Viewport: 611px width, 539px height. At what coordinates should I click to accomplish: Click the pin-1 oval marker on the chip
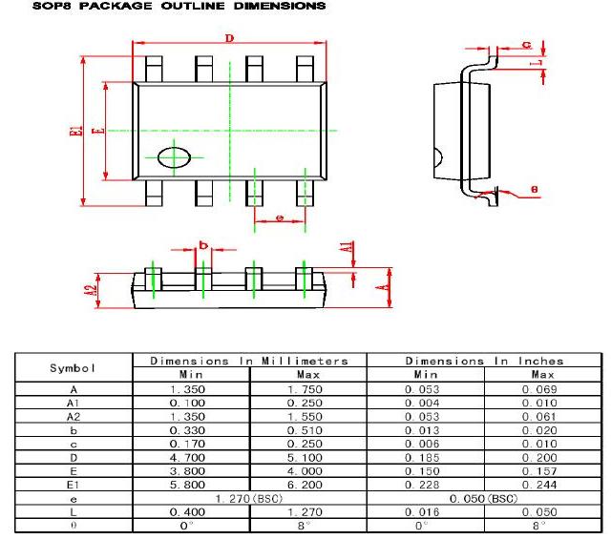pos(174,156)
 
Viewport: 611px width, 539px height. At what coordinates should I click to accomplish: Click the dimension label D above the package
pos(229,38)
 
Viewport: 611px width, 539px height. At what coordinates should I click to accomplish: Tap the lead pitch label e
pos(279,219)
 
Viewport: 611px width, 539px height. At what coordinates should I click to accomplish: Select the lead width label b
pos(202,244)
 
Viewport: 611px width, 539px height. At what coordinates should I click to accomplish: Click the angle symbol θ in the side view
pos(534,188)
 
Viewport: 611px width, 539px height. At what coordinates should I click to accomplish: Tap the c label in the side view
pos(526,45)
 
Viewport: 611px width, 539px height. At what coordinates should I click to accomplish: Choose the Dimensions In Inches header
pos(484,362)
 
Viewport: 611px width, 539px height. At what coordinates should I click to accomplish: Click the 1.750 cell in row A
pos(308,389)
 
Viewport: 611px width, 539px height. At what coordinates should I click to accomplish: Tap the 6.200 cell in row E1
pos(308,485)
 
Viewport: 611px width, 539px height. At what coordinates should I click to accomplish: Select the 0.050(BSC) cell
pos(484,498)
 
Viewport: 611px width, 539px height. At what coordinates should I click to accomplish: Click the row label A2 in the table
pos(74,417)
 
